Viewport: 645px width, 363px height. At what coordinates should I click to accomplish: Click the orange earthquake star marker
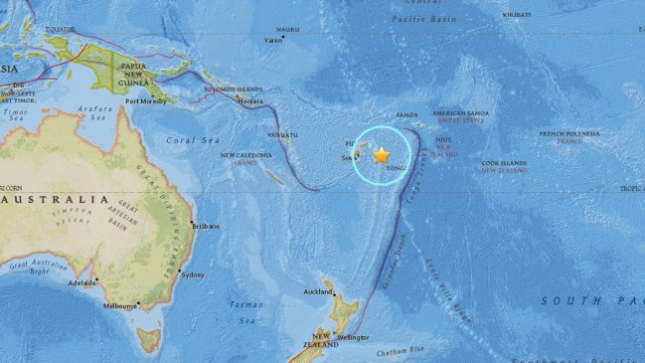[382, 155]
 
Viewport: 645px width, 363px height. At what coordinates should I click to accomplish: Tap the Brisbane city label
[206, 226]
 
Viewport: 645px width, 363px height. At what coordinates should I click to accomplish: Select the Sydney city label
[194, 274]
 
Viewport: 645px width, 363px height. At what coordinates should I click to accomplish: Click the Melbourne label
[120, 306]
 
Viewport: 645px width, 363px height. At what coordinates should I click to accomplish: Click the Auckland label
[318, 292]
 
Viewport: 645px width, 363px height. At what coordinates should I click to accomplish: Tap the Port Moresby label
[145, 101]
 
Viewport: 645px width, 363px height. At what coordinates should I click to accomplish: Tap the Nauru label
[287, 30]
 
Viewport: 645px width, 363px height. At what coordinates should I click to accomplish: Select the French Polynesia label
[569, 133]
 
